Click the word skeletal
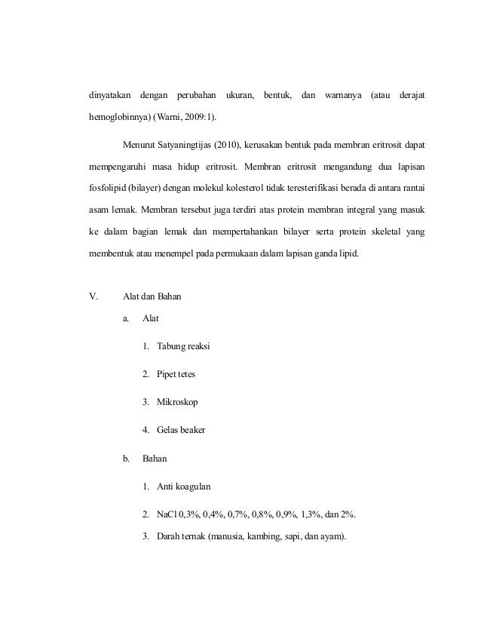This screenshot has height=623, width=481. [378, 232]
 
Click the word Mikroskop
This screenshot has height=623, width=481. [177, 402]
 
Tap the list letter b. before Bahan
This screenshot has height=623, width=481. [127, 458]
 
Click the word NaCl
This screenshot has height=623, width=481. [167, 515]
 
